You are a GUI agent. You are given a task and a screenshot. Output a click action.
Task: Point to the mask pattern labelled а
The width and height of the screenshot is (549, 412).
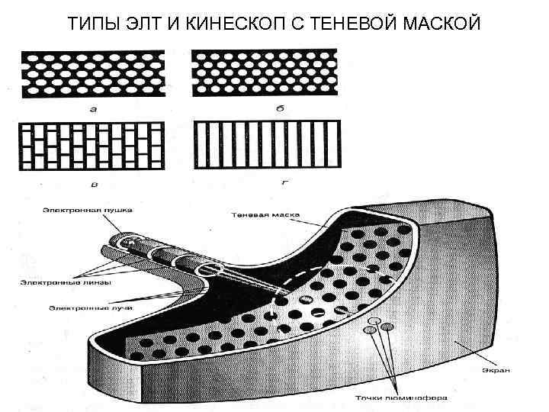coord(93,76)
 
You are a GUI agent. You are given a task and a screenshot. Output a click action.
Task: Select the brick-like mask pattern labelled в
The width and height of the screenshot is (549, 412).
coord(93,145)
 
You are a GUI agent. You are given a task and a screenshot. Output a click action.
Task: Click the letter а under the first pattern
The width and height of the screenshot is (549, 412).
coord(93,110)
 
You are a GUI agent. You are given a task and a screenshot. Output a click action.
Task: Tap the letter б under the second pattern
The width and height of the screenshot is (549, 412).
coord(264,110)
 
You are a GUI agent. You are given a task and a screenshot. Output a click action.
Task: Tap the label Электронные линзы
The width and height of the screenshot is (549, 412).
coord(66,282)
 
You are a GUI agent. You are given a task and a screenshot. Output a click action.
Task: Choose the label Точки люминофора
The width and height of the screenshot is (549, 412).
coord(406,398)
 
